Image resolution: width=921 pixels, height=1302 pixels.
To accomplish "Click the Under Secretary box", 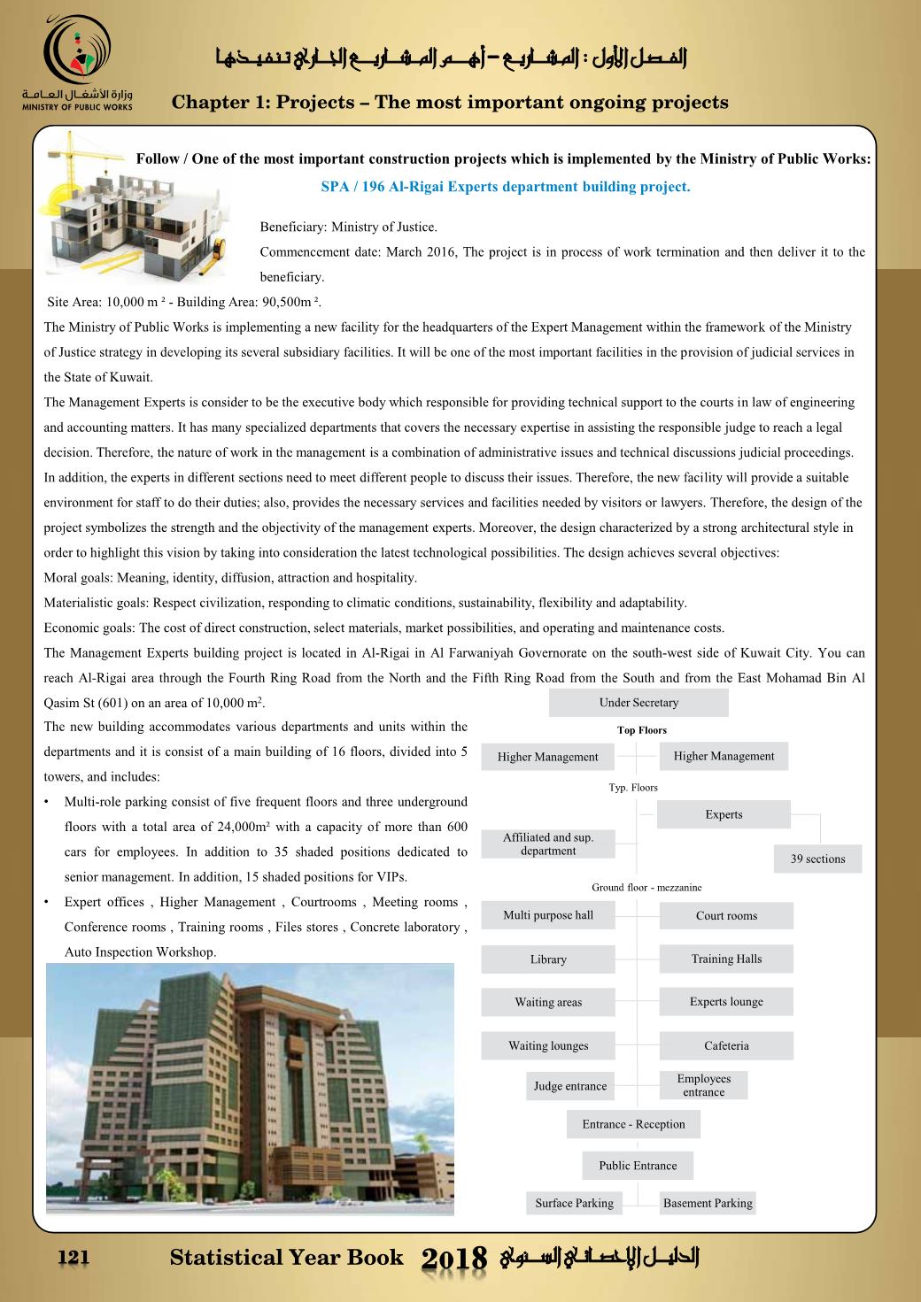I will point(639,703).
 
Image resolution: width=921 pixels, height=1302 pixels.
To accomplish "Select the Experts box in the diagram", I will point(724,814).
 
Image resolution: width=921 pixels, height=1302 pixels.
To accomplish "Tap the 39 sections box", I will point(817,859).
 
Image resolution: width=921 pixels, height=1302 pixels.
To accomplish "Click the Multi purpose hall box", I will point(548,915).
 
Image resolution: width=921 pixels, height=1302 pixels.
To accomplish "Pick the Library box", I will point(548,959).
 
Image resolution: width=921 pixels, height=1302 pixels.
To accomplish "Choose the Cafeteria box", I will point(726,1045).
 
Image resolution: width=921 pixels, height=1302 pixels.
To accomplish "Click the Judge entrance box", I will point(570,1086).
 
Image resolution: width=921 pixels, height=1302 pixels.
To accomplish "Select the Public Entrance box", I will point(638,1166).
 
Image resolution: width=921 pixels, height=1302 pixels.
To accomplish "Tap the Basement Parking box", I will point(708,1203).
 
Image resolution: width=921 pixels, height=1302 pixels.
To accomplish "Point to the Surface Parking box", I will point(575,1203).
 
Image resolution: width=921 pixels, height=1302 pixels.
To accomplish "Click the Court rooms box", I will point(726,916).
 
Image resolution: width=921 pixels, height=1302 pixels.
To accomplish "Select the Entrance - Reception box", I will point(633,1124).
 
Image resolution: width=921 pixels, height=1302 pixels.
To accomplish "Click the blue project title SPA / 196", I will point(505,187).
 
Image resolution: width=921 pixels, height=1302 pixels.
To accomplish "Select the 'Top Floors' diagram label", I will point(642,730).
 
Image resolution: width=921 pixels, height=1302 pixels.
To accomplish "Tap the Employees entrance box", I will point(704,1085).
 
